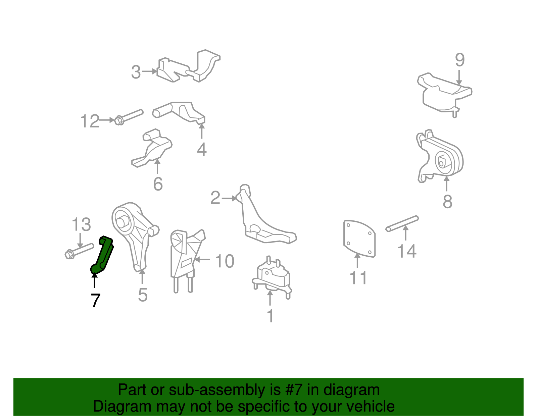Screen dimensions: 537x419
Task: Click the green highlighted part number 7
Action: point(102,255)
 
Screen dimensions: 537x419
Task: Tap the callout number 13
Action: point(81,224)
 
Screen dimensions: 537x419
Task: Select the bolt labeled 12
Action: point(129,117)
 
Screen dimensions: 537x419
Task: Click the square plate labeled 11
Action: point(359,239)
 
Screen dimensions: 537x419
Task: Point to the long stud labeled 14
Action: point(402,223)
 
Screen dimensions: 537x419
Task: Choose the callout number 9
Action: point(460,60)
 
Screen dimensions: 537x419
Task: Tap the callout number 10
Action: point(225,261)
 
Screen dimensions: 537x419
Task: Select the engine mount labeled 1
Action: point(272,277)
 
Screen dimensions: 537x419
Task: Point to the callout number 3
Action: point(136,72)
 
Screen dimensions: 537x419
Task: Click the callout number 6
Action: point(158,184)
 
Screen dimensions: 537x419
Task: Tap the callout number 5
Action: point(143,295)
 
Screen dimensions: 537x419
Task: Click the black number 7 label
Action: point(95,301)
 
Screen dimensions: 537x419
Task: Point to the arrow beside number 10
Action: point(202,260)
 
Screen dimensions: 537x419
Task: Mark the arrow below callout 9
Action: point(459,77)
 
